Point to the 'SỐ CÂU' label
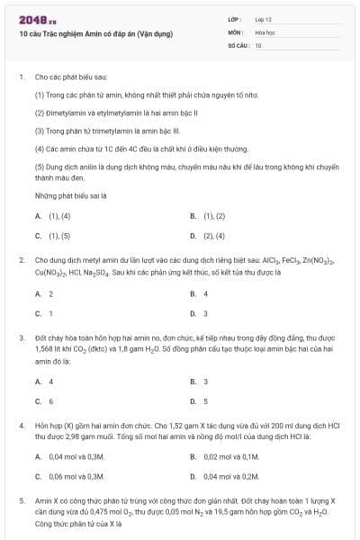pos(238,44)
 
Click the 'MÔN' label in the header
pos(235,31)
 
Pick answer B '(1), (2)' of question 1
pos(208,216)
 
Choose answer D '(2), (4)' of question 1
pos(208,236)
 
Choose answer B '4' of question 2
pos(199,293)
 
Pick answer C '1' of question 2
pos(44,313)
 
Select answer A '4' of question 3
pos(44,381)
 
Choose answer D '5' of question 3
pos(199,400)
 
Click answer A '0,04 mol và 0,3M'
pos(69,457)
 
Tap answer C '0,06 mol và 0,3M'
pos(69,477)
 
